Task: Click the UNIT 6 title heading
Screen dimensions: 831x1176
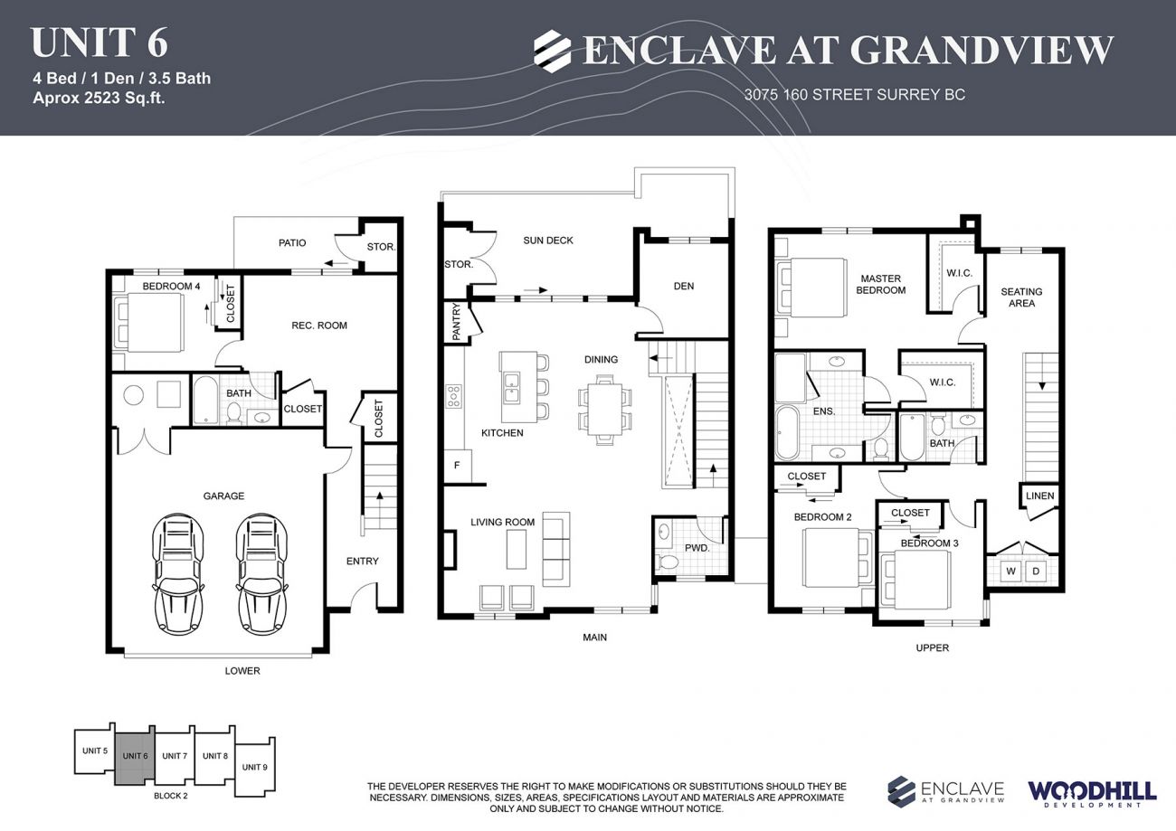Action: click(x=99, y=42)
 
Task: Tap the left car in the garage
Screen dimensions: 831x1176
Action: click(x=177, y=576)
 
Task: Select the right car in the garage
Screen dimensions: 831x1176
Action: click(x=262, y=576)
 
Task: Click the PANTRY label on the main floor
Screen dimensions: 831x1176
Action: click(x=455, y=323)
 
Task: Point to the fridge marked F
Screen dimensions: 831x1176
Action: click(x=457, y=466)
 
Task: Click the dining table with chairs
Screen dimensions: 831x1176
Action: click(x=604, y=409)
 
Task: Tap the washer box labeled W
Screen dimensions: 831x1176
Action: click(x=1010, y=571)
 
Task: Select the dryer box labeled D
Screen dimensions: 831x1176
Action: click(x=1036, y=571)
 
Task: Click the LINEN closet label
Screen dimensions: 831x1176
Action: click(x=1039, y=496)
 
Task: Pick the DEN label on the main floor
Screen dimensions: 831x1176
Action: click(x=684, y=286)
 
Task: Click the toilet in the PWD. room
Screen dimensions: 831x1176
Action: click(x=668, y=562)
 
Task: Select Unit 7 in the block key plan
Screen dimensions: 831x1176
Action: click(x=175, y=755)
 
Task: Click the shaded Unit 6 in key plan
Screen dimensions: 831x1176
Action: click(x=135, y=756)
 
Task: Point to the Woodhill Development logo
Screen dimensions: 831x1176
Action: click(x=1091, y=793)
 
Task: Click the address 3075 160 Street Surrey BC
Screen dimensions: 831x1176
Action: click(x=854, y=94)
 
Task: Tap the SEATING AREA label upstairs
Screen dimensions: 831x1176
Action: click(x=1021, y=297)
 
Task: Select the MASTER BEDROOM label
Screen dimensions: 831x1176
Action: click(x=882, y=284)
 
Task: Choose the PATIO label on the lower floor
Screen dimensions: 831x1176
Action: click(x=292, y=242)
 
